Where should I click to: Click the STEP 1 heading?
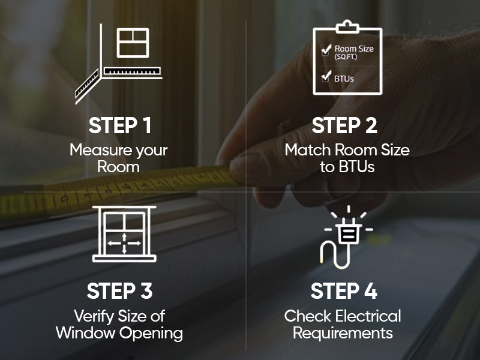click(x=120, y=125)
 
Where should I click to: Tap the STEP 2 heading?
click(x=344, y=125)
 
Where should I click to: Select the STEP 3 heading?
click(x=119, y=291)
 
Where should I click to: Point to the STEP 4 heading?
click(x=344, y=291)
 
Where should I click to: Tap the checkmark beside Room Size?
click(x=326, y=49)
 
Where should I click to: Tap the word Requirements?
click(x=343, y=333)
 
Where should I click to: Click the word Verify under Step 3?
click(x=94, y=317)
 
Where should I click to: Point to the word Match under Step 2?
click(x=308, y=150)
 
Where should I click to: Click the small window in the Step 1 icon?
click(x=133, y=43)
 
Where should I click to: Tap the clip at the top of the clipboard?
click(x=347, y=27)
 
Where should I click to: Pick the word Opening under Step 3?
click(x=151, y=334)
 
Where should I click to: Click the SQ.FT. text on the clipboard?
click(x=346, y=57)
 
